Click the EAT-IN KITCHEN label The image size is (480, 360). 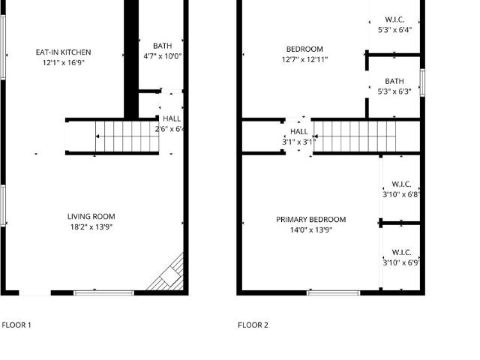pos(63,52)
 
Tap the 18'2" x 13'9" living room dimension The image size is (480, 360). pos(91,226)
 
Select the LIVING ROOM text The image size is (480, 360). pos(91,217)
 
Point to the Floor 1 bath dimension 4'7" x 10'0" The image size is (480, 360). pos(163,56)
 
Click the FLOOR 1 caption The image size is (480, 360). pos(16,325)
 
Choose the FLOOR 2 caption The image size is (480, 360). pos(253,325)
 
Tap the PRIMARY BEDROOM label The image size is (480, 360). pos(311,220)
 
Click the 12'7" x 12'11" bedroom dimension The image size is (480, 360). pos(304,59)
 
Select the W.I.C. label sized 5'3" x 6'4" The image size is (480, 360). pos(394,19)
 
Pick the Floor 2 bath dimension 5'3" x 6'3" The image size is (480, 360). pos(394,91)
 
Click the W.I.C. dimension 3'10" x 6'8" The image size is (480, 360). pos(401,194)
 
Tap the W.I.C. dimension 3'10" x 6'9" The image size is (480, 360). pos(401,262)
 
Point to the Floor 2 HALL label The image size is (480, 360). pos(299,132)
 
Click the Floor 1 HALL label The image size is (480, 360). pos(172,118)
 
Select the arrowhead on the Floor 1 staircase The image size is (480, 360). pos(97,136)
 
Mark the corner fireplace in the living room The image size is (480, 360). pos(167,274)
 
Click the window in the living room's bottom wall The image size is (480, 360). pos(104,293)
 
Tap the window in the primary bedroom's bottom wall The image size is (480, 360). pos(334,293)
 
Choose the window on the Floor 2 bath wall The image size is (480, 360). pos(422,82)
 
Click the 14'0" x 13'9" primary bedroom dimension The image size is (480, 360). pos(311,230)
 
